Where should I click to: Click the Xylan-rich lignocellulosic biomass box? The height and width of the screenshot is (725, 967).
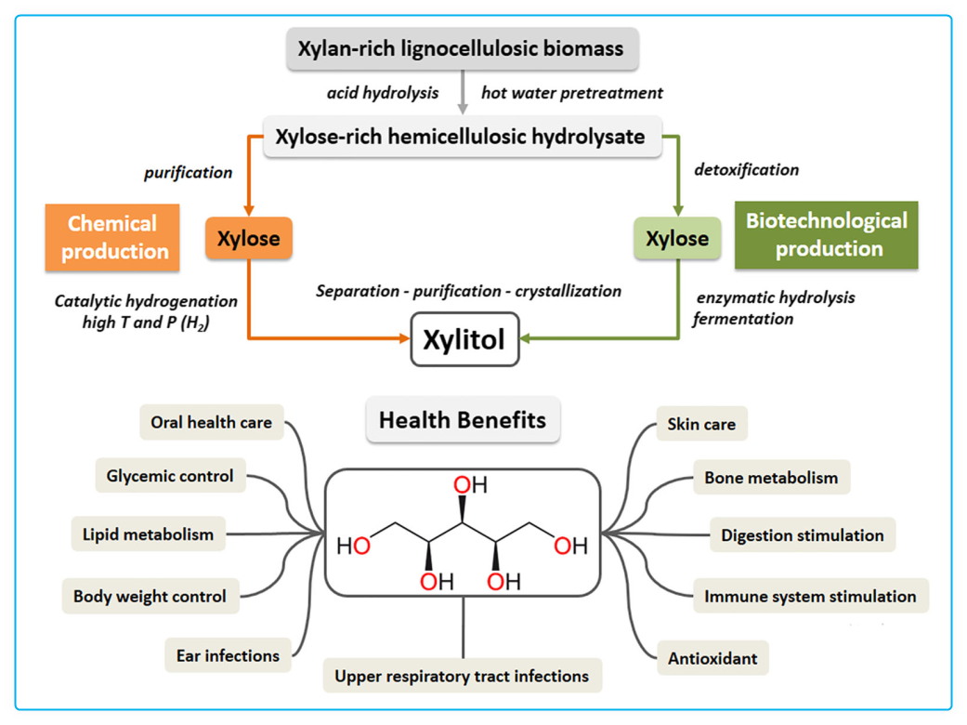point(462,49)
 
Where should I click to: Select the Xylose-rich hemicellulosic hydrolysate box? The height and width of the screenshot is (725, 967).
point(461,137)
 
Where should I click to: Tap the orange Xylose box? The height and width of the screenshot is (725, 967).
point(248,239)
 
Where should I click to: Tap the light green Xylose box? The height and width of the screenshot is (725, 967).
point(677,239)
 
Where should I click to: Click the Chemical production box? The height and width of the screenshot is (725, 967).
point(112,238)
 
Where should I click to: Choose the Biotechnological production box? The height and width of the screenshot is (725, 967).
point(827,235)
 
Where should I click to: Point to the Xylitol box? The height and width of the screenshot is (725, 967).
point(464,340)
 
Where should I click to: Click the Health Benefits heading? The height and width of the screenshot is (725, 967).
point(463,420)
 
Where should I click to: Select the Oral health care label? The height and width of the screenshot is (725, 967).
point(211,422)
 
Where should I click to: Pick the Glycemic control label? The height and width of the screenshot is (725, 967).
point(170,476)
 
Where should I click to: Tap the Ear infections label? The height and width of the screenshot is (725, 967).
point(228,655)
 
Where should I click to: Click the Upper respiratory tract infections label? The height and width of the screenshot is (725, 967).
point(462,676)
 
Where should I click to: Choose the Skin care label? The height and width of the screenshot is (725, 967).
point(701,425)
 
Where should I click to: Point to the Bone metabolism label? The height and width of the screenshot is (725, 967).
point(771,479)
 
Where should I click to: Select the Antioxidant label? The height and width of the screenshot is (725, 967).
point(712,659)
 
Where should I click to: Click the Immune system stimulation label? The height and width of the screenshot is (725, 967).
point(810,597)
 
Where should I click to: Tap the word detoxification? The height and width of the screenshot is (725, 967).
point(746,170)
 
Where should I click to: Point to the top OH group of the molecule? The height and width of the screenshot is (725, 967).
point(470,485)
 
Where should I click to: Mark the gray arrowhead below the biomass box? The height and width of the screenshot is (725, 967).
point(463,109)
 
